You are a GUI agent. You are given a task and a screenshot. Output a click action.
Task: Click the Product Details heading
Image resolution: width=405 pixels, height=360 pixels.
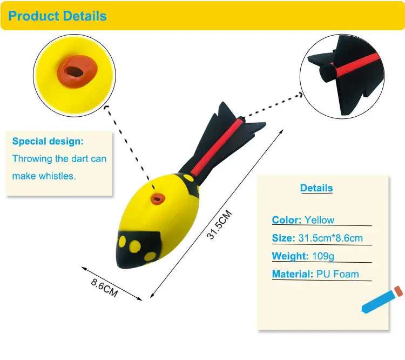point(58,16)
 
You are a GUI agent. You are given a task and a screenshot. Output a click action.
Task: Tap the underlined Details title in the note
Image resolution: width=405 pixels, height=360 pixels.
point(316,188)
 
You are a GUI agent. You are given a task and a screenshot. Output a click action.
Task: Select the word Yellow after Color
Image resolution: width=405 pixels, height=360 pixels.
point(319,220)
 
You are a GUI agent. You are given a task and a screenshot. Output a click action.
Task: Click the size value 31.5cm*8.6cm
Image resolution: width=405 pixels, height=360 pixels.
point(330,238)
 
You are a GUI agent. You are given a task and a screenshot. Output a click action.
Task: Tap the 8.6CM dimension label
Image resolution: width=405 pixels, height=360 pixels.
point(104,286)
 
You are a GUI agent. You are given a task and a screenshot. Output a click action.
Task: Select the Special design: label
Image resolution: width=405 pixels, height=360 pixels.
point(48,142)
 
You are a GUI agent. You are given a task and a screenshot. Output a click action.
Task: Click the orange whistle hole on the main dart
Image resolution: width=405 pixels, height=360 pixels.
point(158,199)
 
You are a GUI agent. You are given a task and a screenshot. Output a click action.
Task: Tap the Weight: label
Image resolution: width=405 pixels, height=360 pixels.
point(290,256)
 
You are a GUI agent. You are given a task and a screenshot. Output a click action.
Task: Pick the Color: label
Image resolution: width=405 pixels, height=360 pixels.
point(287,220)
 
